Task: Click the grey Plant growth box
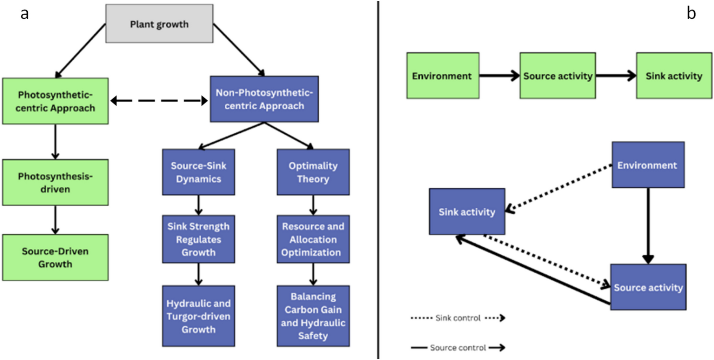[x=159, y=24]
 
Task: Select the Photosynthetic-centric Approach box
[x=55, y=101]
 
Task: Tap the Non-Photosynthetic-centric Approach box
[x=264, y=99]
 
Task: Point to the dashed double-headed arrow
[x=159, y=101]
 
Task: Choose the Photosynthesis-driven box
[x=55, y=182]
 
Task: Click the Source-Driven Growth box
[x=55, y=258]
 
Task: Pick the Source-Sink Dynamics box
[x=199, y=172]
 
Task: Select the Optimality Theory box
[x=313, y=172]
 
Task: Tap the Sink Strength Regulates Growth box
[x=199, y=239]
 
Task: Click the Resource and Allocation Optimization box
[x=313, y=239]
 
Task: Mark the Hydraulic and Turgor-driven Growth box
[x=199, y=316]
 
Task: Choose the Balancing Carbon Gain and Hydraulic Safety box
[x=313, y=316]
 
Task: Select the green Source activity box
[x=558, y=76]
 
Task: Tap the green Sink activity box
[x=674, y=76]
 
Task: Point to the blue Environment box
[x=648, y=165]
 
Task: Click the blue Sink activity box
[x=467, y=212]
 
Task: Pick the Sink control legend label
[x=458, y=318]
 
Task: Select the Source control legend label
[x=458, y=348]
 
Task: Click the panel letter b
[x=691, y=13]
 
